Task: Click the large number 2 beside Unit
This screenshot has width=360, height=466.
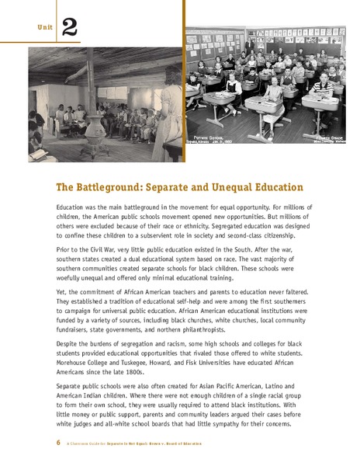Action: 68,29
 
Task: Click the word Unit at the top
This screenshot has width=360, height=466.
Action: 43,30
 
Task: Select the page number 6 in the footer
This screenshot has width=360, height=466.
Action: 58,443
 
